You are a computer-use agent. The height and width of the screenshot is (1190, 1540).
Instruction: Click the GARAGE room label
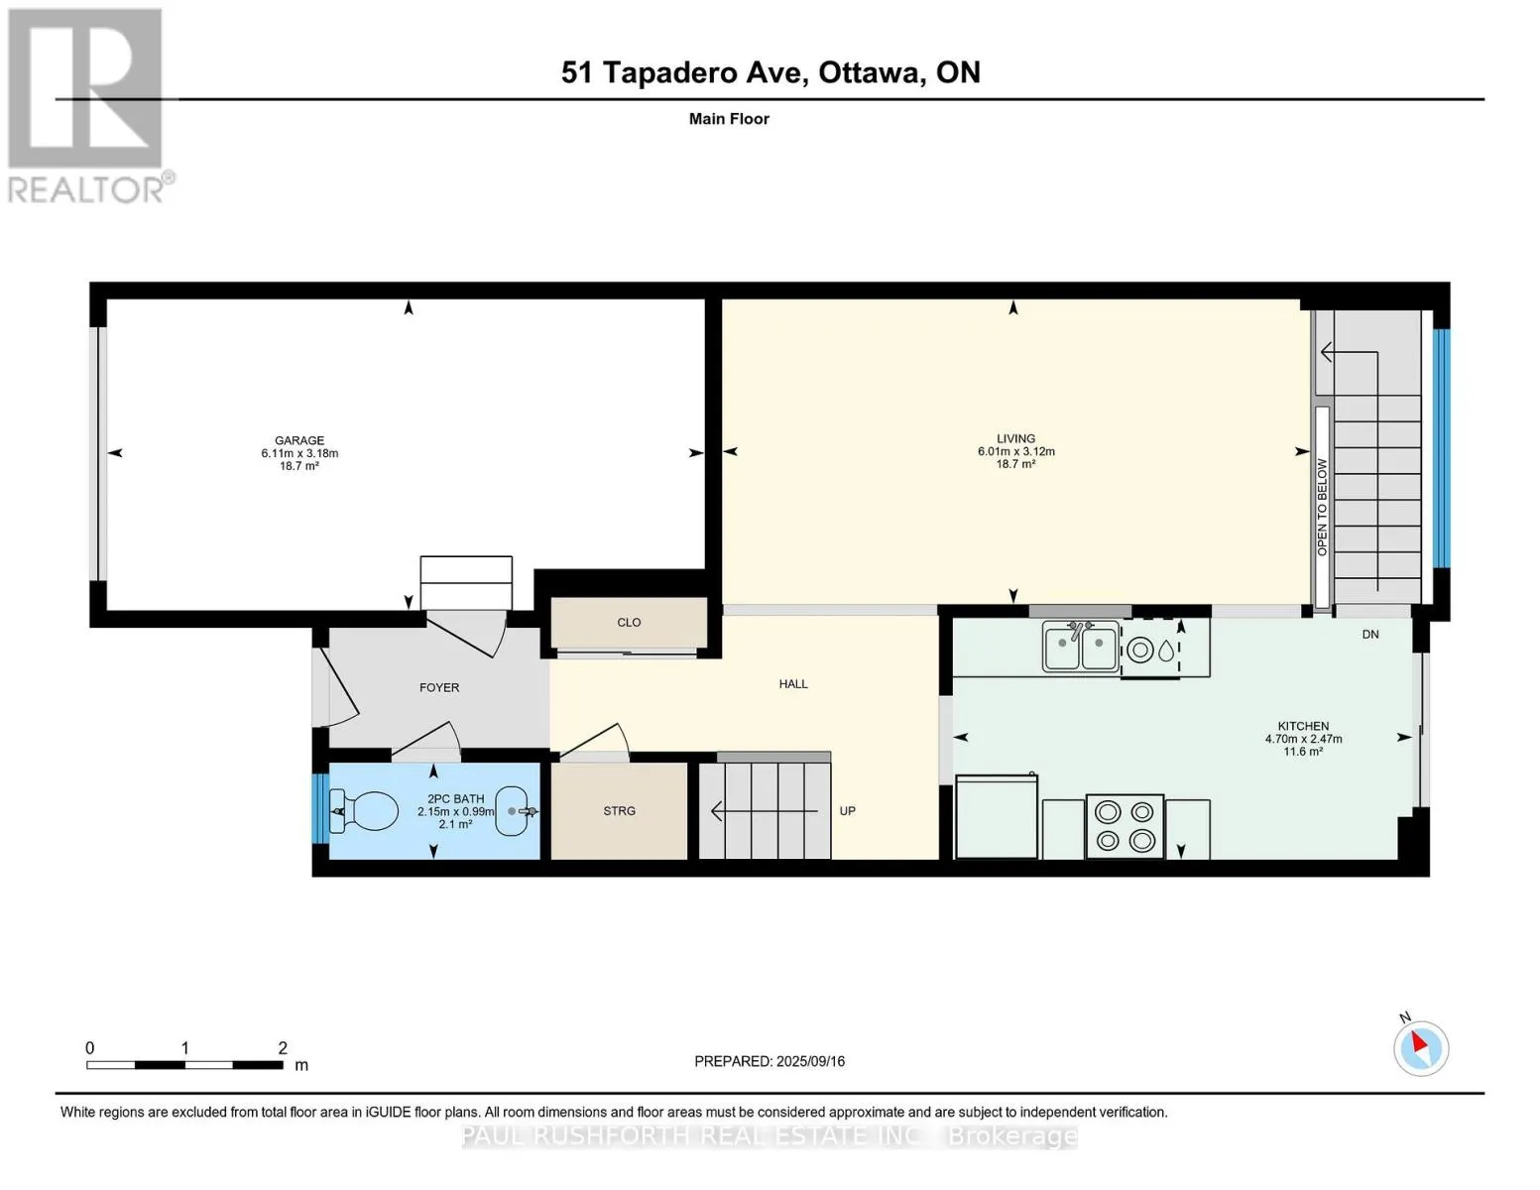[x=299, y=440]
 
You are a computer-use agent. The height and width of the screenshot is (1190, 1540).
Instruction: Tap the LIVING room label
[x=1015, y=438]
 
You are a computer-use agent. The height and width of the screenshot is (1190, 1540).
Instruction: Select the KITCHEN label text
[x=1303, y=726]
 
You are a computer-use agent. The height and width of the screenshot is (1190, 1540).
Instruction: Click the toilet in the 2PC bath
[x=364, y=811]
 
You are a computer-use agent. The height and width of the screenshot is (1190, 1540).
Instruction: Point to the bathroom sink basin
[x=512, y=811]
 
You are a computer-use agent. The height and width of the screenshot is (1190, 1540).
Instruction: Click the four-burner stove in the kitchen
[x=1125, y=826]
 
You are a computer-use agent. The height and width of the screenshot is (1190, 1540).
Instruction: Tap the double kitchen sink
[x=1080, y=646]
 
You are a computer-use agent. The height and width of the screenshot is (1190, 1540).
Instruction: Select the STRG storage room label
[x=620, y=811]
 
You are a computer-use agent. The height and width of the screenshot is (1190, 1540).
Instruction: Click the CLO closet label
[x=629, y=623]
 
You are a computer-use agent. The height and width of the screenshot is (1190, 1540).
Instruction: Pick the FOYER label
[x=439, y=687]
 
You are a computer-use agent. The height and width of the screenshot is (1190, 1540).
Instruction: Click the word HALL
[x=793, y=684]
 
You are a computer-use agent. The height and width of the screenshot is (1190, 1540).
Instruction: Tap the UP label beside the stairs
[x=848, y=811]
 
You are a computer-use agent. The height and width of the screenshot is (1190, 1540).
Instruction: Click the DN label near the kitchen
[x=1370, y=635]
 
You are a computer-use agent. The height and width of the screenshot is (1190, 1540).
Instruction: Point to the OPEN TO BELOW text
[x=1322, y=507]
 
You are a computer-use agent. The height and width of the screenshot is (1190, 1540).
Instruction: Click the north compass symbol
[x=1420, y=1048]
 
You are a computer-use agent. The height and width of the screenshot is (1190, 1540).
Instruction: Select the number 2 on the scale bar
[x=283, y=1047]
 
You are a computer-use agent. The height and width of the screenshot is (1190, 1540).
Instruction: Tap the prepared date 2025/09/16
[x=810, y=1061]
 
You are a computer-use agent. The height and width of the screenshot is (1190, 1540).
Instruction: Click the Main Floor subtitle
[x=729, y=119]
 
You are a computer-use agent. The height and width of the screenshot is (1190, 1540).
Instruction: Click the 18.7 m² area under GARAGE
[x=299, y=466]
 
